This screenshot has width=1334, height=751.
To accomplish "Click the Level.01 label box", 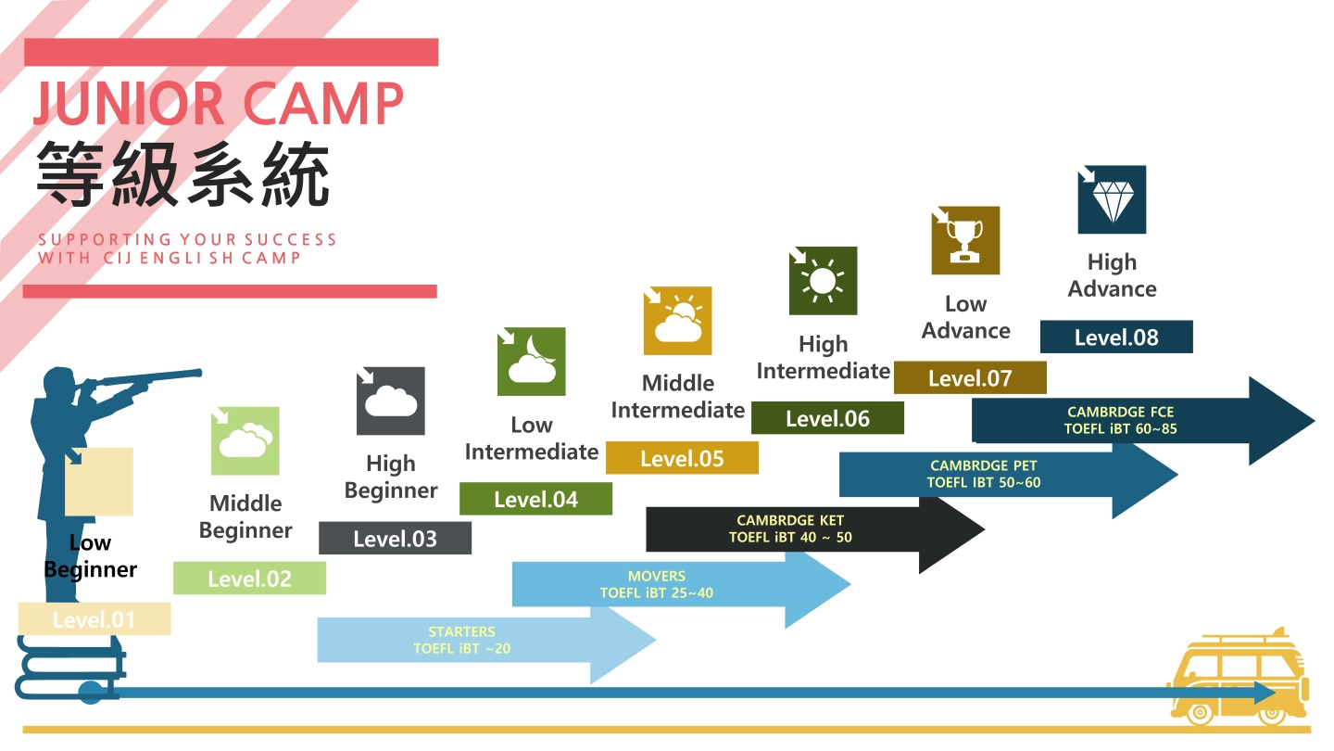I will [94, 619].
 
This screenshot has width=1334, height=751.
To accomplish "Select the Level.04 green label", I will [535, 499].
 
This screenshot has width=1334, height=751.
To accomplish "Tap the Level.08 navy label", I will [1116, 337].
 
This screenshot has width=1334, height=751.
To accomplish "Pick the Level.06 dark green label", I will [827, 418].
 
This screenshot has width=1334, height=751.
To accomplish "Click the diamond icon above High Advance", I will [1112, 199].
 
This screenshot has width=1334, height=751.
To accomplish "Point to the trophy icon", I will [965, 240].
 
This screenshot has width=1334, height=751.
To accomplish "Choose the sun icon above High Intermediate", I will [823, 280].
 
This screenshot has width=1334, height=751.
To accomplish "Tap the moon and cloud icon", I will [532, 362].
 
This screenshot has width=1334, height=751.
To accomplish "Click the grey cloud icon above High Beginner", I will [391, 401].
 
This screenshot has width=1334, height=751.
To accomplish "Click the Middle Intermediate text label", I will [678, 397].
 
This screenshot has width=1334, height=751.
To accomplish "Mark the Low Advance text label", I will [965, 317].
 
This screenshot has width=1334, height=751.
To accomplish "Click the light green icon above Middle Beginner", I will [245, 441].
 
